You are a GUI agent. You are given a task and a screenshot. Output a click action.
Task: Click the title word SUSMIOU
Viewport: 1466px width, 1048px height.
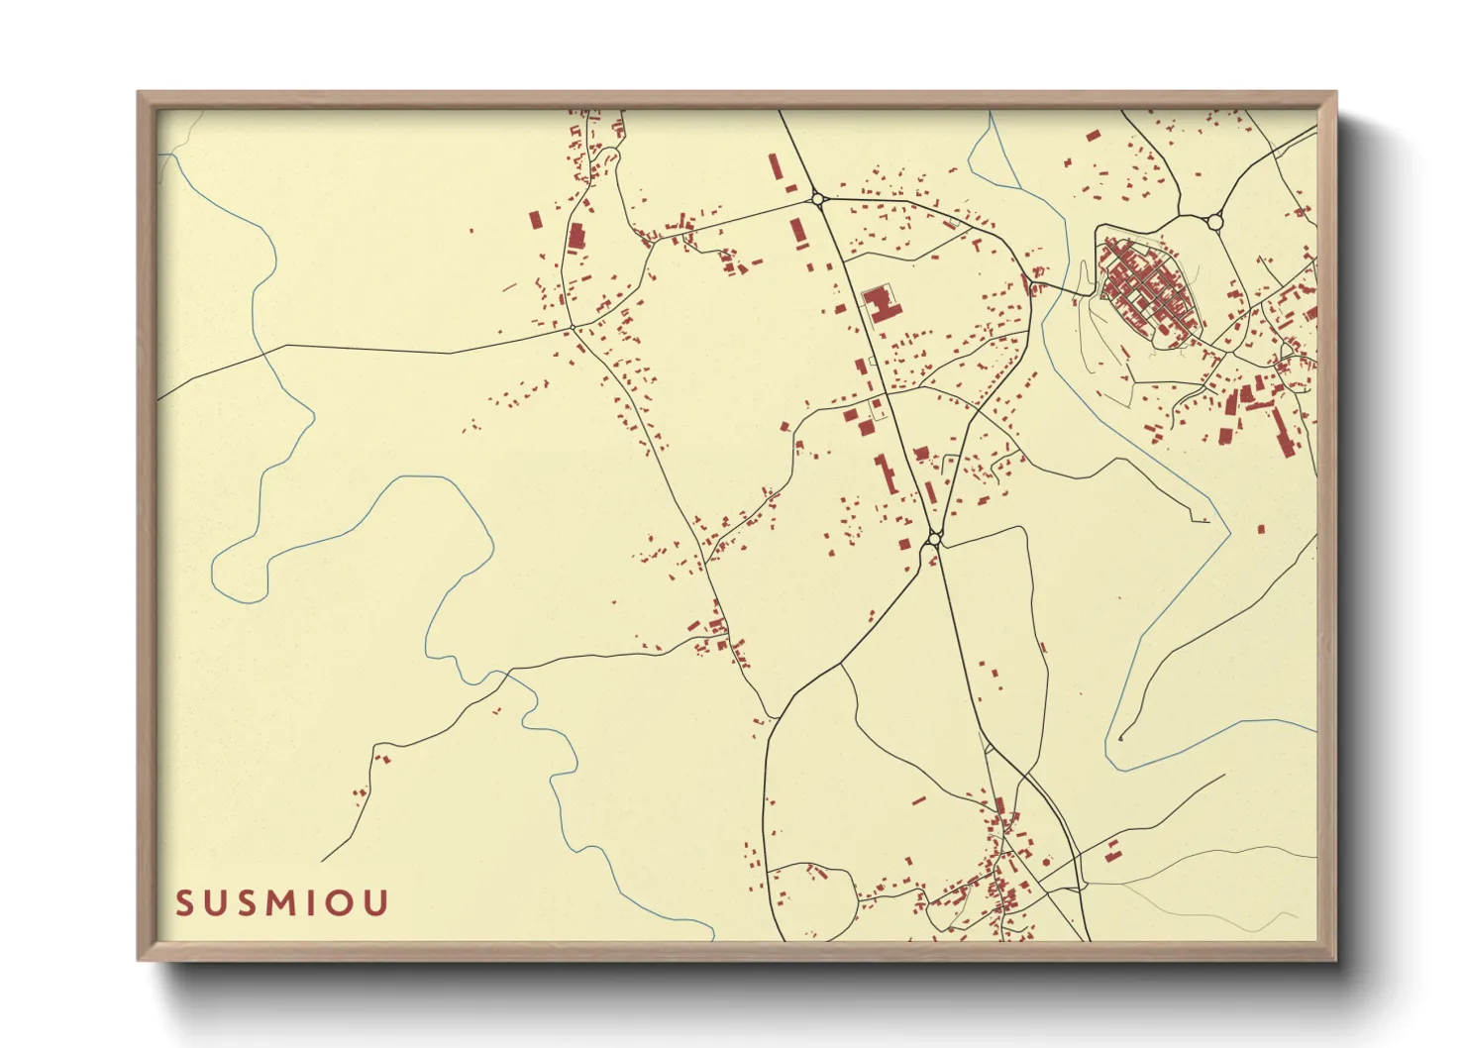pos(282,903)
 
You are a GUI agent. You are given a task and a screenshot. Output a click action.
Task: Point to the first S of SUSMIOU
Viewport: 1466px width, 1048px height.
pos(185,903)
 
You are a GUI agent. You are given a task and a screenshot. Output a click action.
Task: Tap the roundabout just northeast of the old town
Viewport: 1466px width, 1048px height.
pos(1215,221)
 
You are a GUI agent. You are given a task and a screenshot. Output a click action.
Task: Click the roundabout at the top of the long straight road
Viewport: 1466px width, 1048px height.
pos(818,199)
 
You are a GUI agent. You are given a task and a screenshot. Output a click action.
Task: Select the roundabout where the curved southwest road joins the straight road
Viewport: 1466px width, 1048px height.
pos(933,540)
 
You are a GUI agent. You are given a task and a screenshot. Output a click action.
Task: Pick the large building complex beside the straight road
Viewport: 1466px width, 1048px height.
pos(881,302)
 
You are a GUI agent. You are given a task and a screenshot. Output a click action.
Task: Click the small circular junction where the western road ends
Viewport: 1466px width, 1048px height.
pos(573,327)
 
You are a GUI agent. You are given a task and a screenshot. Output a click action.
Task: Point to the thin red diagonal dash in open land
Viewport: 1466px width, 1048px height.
pos(509,287)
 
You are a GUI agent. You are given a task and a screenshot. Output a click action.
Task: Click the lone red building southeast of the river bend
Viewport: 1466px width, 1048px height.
pos(1261,529)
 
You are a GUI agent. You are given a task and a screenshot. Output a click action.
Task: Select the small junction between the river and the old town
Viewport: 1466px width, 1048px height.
pos(1031,287)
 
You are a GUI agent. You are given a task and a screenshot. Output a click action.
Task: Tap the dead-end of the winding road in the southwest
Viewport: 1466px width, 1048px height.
pos(322,861)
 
